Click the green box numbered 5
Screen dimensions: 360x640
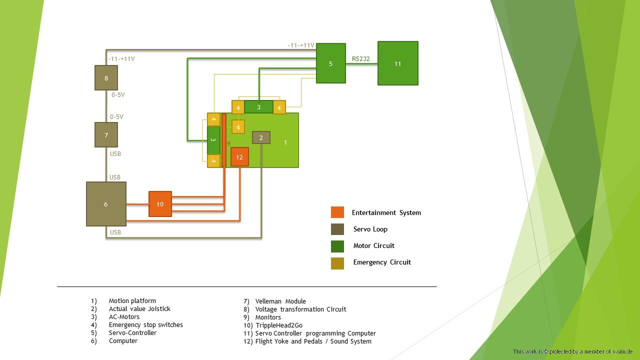coord(330,63)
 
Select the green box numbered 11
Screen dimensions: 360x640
coord(397,63)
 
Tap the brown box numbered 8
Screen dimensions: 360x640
coord(106,78)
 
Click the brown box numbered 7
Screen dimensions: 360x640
coord(106,135)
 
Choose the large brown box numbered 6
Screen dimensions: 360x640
coord(106,204)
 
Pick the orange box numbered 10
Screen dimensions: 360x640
coord(160,204)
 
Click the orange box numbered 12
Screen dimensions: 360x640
coord(239,157)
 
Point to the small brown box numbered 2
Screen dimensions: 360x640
coord(261,137)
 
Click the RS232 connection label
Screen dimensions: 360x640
coord(360,59)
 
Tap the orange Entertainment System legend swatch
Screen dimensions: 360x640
coord(337,212)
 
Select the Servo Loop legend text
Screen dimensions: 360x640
coord(370,229)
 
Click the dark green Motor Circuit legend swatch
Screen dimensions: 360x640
coord(337,246)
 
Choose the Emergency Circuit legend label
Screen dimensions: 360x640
coord(382,262)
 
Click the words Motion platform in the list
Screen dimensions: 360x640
coord(132,301)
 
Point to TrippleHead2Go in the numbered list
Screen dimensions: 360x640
coord(278,325)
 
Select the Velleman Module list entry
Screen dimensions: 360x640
coord(280,301)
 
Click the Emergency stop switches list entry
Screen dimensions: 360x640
coord(146,325)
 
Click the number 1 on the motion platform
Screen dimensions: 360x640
coord(285,142)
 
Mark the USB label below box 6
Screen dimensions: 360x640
coord(115,232)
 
